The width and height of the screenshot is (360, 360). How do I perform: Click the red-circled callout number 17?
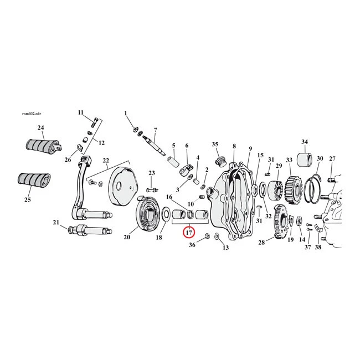(x=189, y=232)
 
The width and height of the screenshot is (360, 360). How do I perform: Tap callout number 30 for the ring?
(x=320, y=159)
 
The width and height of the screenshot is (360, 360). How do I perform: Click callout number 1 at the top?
(x=126, y=114)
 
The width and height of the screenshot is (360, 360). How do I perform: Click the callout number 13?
(x=225, y=248)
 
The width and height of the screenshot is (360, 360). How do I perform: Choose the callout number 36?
(x=192, y=244)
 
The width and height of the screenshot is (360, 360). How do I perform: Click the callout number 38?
(x=318, y=247)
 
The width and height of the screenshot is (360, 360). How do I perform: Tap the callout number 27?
(x=332, y=159)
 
